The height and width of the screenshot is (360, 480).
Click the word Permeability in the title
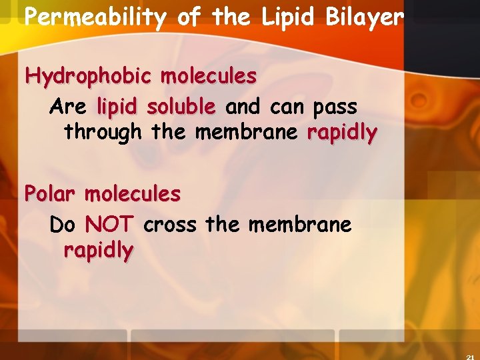click(x=94, y=17)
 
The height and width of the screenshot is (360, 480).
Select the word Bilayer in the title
click(x=365, y=17)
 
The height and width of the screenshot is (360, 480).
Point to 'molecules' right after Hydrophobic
click(x=208, y=77)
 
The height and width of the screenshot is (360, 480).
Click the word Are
click(x=68, y=107)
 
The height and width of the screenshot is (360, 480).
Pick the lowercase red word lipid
click(x=119, y=107)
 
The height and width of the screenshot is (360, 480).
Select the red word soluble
click(x=181, y=107)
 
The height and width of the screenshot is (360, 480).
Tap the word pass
click(x=334, y=107)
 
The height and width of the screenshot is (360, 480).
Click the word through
click(x=103, y=133)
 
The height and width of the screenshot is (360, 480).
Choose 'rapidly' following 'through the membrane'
click(x=342, y=133)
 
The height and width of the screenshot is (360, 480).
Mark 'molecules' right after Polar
click(x=133, y=194)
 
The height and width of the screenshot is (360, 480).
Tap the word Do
click(x=63, y=225)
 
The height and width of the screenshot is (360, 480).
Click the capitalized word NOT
click(x=111, y=225)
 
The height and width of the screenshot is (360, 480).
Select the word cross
click(x=170, y=225)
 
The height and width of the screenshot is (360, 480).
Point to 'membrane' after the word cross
click(x=299, y=225)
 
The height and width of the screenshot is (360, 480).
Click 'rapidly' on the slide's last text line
click(x=98, y=251)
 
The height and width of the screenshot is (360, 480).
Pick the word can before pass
click(x=287, y=107)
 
